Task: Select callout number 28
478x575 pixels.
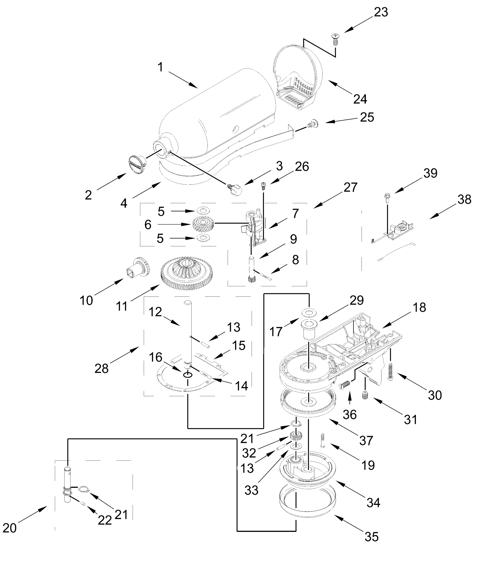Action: point(101,369)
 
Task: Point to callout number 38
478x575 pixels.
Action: point(464,200)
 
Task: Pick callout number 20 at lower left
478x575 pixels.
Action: point(10,528)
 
